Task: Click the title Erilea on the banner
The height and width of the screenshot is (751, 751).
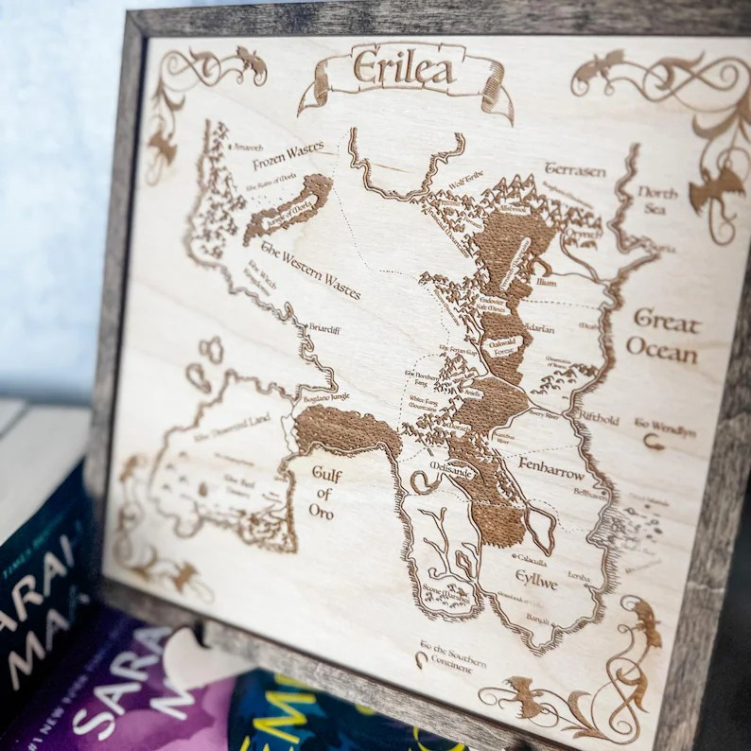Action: [403, 69]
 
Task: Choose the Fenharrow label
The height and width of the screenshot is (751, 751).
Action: [551, 466]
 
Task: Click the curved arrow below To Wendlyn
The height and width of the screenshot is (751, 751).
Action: [653, 441]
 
